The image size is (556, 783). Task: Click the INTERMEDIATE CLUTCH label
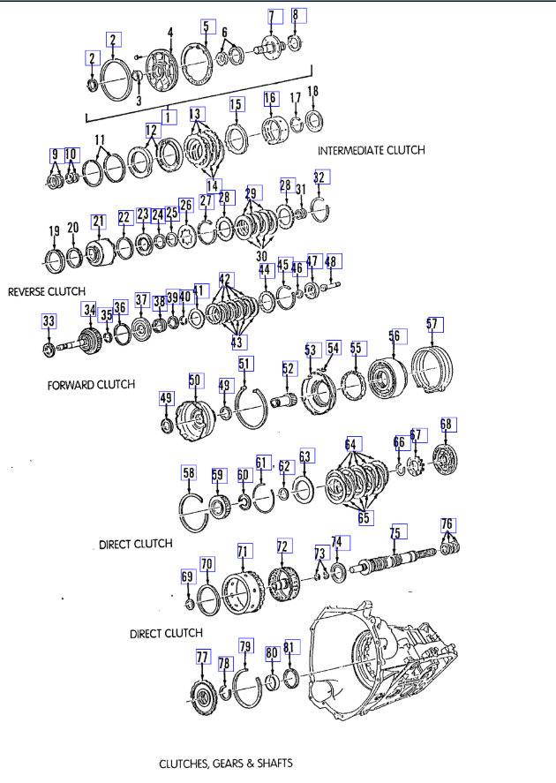[371, 150]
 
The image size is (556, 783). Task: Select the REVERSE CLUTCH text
[46, 291]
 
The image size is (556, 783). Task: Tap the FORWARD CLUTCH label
[91, 384]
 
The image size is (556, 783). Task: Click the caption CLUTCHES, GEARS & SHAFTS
[225, 762]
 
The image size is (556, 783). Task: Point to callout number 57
[432, 324]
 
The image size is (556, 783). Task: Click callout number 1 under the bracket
[168, 117]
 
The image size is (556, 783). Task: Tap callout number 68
[447, 425]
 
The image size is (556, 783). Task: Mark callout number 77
[203, 657]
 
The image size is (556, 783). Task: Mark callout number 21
[97, 221]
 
